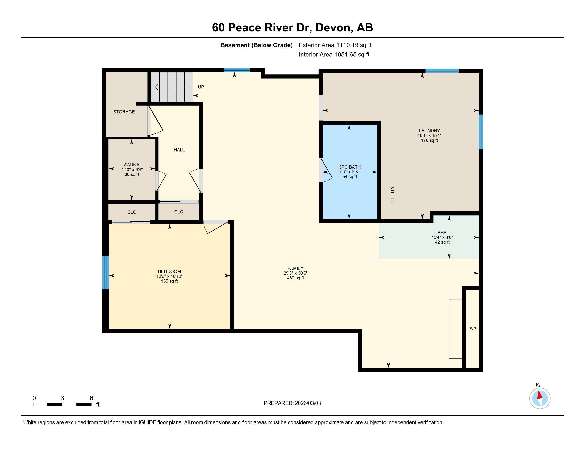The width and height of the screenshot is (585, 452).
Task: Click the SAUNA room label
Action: click(132, 165)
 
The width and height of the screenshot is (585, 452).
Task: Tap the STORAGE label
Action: click(124, 112)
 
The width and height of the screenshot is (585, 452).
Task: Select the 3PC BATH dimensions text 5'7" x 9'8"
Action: click(350, 172)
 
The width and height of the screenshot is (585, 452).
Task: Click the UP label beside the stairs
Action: click(200, 87)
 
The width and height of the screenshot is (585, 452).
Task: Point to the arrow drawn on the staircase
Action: click(172, 87)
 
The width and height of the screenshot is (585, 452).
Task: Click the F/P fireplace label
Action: click(473, 329)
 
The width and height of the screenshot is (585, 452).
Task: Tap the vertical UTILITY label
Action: click(392, 194)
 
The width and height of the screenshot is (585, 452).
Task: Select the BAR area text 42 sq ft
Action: click(442, 242)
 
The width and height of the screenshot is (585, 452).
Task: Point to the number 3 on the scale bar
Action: click(62, 398)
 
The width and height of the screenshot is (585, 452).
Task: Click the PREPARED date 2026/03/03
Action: click(307, 403)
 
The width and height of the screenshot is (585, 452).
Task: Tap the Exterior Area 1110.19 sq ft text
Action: click(335, 45)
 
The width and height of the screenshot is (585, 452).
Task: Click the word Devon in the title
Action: click(332, 28)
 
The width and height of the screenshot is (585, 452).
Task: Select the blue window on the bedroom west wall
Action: click(106, 272)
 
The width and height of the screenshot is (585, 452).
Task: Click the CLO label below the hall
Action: click(179, 212)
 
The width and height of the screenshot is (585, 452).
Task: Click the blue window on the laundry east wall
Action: click(480, 132)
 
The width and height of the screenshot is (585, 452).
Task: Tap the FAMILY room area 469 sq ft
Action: click(295, 278)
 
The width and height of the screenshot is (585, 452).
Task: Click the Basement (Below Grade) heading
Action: click(256, 45)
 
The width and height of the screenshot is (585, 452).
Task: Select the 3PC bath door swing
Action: click(326, 172)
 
